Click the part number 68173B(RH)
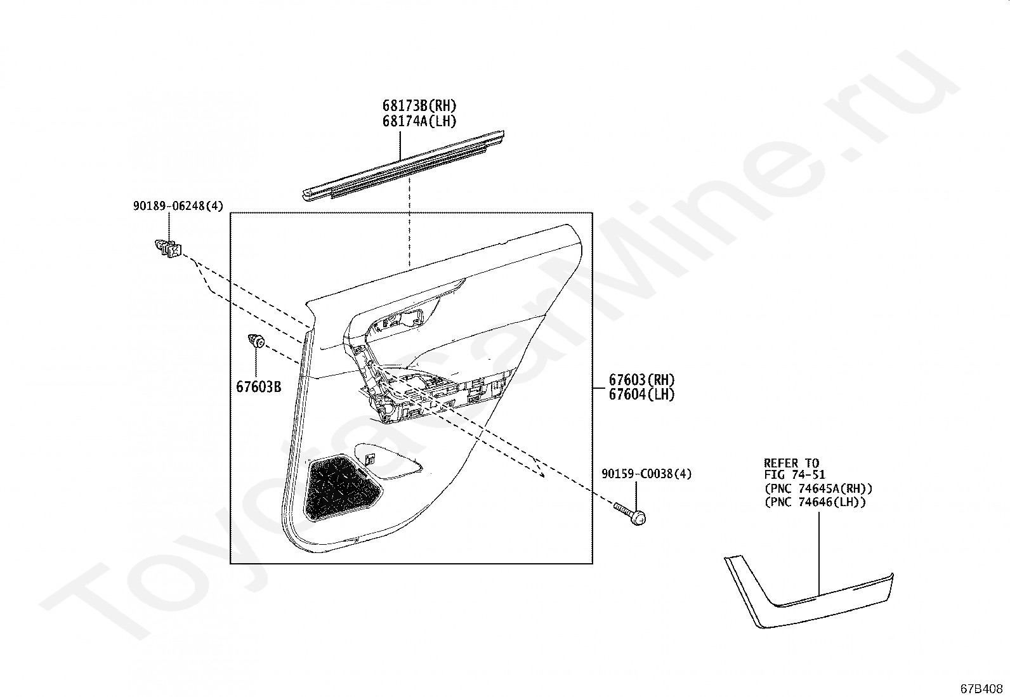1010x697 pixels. [x=419, y=106]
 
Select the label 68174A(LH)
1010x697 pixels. [x=419, y=121]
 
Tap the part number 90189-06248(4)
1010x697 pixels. [x=178, y=205]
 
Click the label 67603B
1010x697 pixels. [x=258, y=386]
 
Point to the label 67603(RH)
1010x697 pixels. [x=641, y=380]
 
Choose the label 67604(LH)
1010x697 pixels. [x=641, y=394]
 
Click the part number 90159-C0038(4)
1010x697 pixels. [x=646, y=474]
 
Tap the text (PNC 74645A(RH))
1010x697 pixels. [x=818, y=488]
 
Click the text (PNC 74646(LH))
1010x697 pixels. [x=815, y=502]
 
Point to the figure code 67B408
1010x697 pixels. [x=981, y=688]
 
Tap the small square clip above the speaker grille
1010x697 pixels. [x=370, y=458]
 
